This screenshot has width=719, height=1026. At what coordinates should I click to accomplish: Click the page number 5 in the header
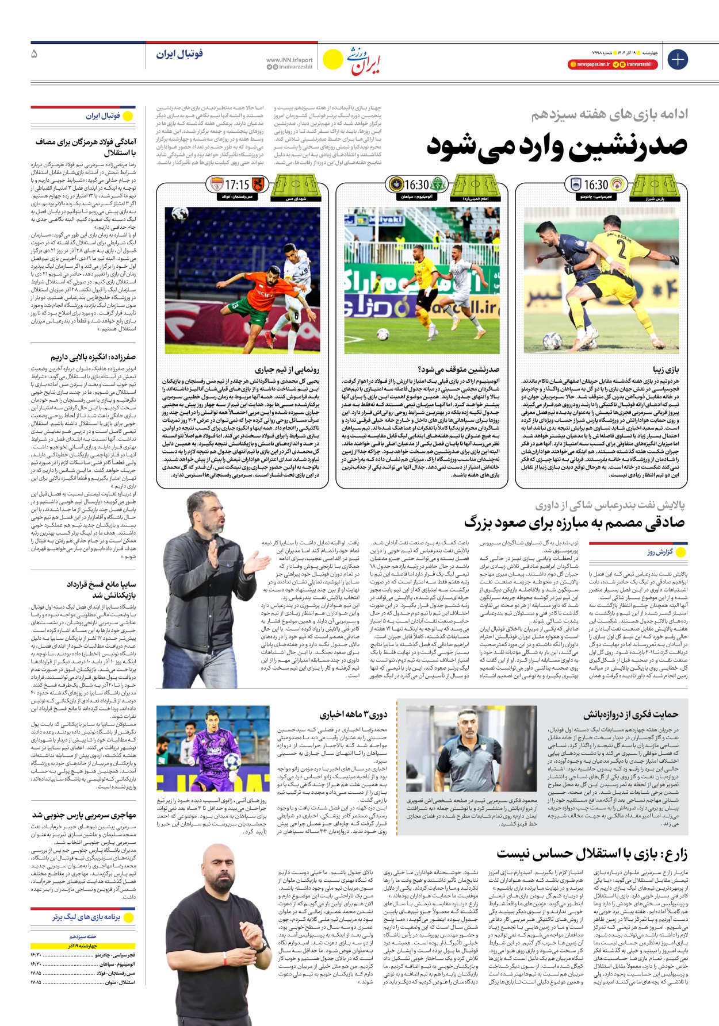35,54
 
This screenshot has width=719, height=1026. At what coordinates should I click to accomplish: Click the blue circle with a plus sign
678,59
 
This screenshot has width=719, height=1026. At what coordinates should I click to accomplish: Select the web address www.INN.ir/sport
289,60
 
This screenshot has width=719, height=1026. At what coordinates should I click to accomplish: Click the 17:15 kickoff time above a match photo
237,185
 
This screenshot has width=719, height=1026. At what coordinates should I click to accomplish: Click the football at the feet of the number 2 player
553,341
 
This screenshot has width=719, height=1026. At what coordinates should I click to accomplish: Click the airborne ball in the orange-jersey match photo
180,214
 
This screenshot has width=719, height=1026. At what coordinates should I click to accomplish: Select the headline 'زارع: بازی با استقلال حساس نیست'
592,854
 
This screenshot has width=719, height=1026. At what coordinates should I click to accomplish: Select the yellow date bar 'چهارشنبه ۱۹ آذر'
83,946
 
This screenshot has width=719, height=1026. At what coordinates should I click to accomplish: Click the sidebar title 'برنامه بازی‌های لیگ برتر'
86,917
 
